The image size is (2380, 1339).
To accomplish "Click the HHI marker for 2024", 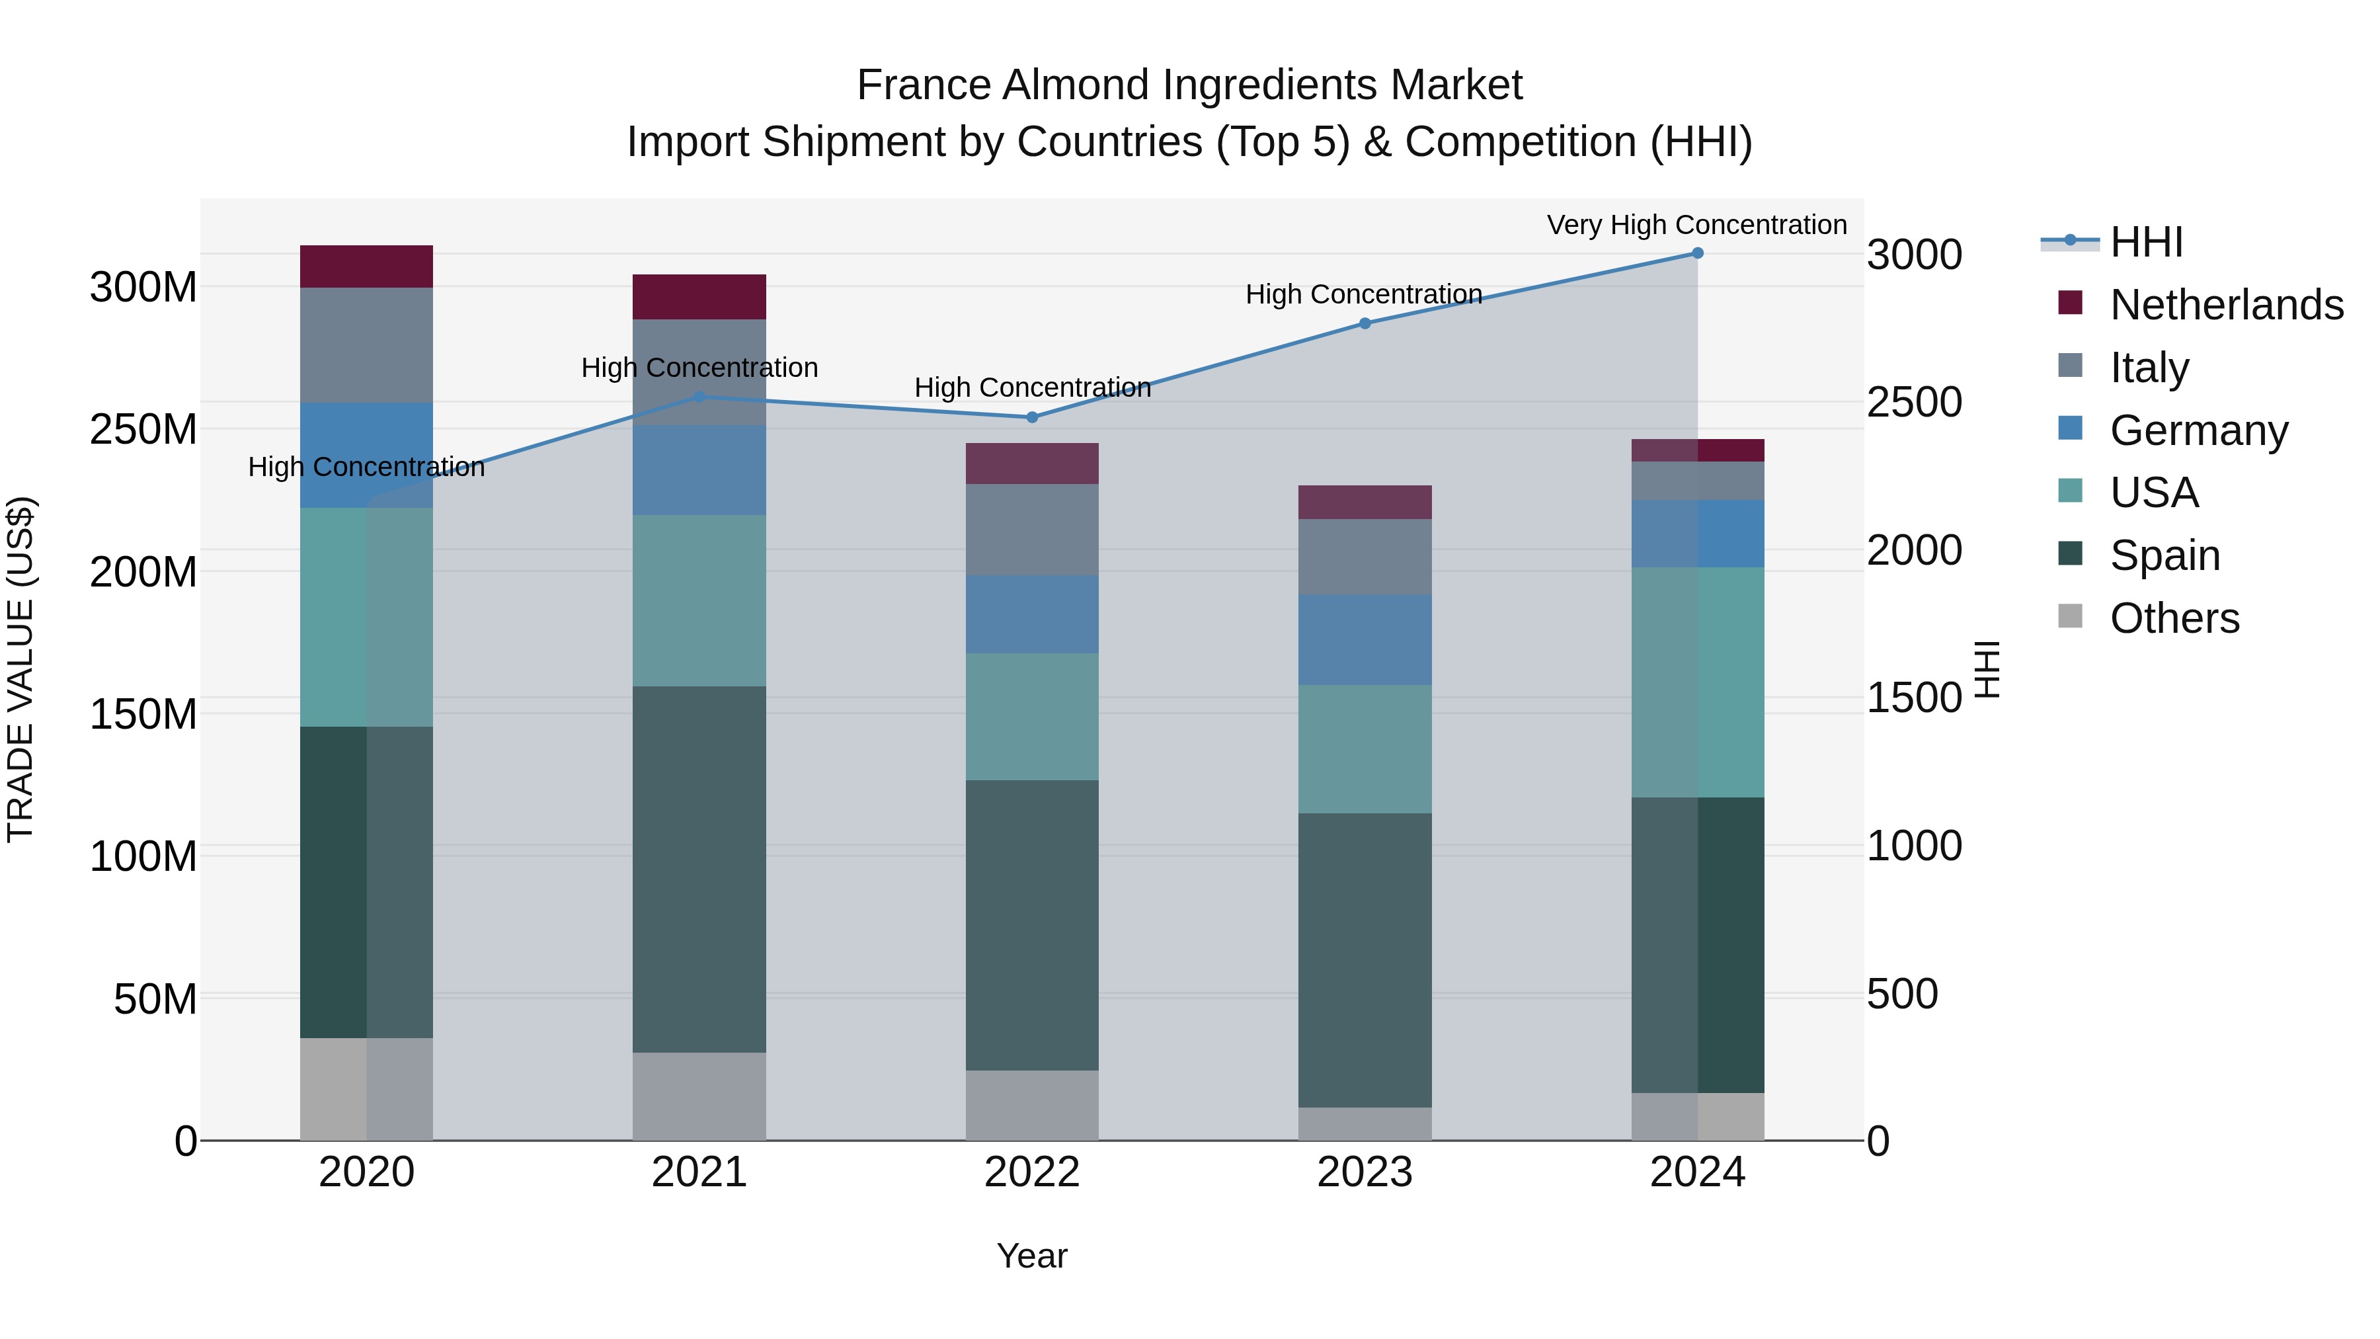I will (x=1697, y=253).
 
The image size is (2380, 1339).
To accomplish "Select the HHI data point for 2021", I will (x=699, y=397).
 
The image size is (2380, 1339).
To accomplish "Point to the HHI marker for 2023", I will (x=1365, y=323).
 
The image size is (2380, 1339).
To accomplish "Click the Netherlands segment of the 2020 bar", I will (x=367, y=266).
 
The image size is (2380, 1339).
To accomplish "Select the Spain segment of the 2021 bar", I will (x=699, y=869).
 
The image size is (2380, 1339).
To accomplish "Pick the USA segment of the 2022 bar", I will (x=1032, y=717).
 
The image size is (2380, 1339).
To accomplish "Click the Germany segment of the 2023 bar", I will (x=1365, y=639).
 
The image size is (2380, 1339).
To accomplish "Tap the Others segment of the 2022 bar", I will (x=1032, y=1105).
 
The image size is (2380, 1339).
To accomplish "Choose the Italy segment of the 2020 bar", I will (x=367, y=345).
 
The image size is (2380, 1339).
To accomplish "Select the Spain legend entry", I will (x=2164, y=555).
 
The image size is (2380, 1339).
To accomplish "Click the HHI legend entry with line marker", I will (x=2145, y=242).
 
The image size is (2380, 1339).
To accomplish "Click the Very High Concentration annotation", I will (x=1696, y=225).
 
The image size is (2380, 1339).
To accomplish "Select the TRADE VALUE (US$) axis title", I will (x=20, y=669).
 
